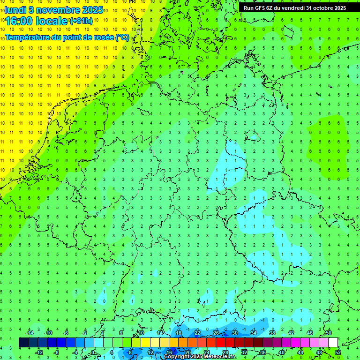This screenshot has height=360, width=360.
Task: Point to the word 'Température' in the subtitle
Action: pos(29,37)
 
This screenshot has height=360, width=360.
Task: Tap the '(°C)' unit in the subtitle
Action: pos(122,37)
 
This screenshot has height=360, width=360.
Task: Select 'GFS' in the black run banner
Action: pos(262,8)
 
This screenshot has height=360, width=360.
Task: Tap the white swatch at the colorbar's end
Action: pos(333,343)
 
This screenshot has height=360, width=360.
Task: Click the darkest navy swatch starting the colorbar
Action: pos(23,343)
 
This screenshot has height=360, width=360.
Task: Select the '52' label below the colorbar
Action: pos(338,352)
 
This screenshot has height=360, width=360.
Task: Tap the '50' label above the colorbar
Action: pos(329,333)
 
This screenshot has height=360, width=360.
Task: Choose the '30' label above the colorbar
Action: pos(235,333)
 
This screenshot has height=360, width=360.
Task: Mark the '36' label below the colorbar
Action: pos(263,352)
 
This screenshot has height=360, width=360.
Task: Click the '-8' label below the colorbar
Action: pos(57,352)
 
